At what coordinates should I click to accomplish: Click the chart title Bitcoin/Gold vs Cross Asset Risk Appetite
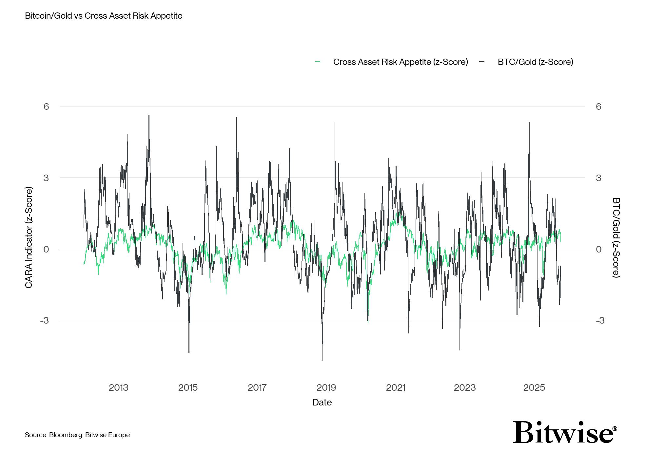[x=104, y=16]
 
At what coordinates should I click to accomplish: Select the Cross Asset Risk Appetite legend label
[x=400, y=62]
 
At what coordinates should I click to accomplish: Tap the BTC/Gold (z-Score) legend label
[x=535, y=62]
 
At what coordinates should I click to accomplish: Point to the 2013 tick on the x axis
[x=118, y=388]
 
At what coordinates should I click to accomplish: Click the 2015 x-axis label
[x=188, y=388]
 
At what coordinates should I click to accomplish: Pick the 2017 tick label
[x=257, y=388]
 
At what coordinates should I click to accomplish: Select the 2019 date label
[x=326, y=388]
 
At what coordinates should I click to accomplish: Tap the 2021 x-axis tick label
[x=396, y=388]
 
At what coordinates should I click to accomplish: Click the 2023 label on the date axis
[x=465, y=388]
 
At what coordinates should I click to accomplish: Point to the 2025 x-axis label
[x=534, y=388]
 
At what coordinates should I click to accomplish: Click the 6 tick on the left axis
[x=46, y=106]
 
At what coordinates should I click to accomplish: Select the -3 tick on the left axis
[x=44, y=320]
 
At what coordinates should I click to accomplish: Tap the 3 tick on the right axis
[x=598, y=178]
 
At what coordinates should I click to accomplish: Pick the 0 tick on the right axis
[x=598, y=249]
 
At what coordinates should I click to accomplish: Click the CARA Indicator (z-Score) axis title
[x=29, y=237]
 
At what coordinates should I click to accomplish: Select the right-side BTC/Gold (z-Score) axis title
[x=616, y=237]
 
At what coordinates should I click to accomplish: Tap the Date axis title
[x=322, y=403]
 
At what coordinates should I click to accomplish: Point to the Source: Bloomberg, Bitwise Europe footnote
[x=77, y=435]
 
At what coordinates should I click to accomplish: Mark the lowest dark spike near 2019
[x=322, y=360]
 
